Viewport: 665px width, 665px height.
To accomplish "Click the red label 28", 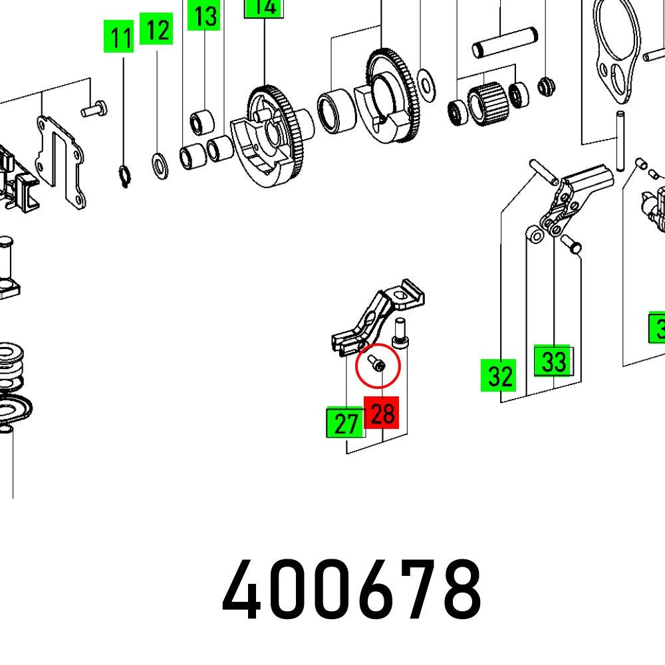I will click(x=382, y=414).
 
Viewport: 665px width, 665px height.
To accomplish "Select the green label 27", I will click(x=346, y=423).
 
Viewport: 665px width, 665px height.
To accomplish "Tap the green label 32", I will click(x=499, y=376).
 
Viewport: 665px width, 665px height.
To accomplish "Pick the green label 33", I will click(x=553, y=362).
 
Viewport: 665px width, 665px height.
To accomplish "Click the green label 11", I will click(x=121, y=38).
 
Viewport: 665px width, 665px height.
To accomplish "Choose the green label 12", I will click(x=157, y=30).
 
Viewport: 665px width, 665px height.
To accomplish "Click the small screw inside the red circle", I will click(x=376, y=364).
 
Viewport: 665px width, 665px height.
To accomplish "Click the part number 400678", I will click(x=351, y=589).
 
